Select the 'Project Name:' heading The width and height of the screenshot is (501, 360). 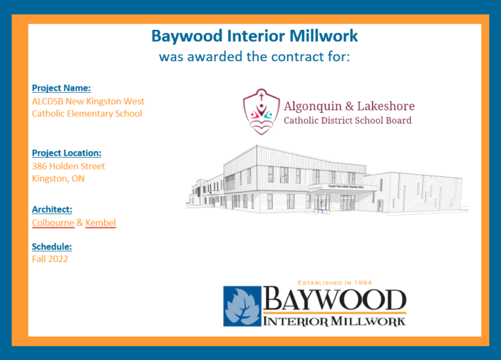[61, 88]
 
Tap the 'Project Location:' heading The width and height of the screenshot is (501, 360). [67, 153]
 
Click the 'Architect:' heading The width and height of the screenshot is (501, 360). [52, 209]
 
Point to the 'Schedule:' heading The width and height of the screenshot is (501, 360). [52, 247]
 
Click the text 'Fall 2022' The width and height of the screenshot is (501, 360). [50, 259]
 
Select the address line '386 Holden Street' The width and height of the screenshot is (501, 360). [68, 166]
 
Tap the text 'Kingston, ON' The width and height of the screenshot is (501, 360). [58, 178]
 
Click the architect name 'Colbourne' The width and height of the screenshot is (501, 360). [53, 223]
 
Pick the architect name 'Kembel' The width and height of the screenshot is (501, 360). [100, 223]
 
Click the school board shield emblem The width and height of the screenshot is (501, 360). [262, 112]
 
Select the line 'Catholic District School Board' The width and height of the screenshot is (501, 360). [348, 121]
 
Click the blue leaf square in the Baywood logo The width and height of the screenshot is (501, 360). [242, 306]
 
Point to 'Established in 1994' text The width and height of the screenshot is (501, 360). [335, 282]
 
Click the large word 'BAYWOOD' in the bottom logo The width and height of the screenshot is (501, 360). [335, 301]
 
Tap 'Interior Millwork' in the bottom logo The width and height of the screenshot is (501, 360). [335, 320]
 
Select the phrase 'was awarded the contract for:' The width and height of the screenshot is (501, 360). [254, 57]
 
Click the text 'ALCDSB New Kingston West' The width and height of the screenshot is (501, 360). [88, 101]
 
